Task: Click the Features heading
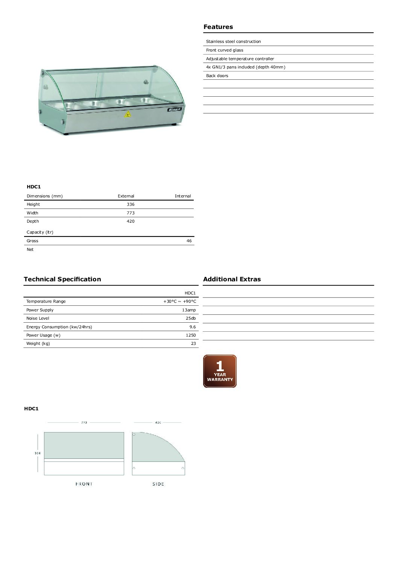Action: click(218, 27)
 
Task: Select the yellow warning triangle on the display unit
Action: click(127, 114)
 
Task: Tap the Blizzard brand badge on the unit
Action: click(174, 109)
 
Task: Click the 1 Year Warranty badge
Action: click(220, 371)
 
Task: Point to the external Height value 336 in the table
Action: click(130, 204)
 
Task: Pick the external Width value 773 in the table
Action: click(130, 213)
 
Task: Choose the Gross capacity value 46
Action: click(189, 241)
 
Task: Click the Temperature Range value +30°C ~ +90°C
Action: click(179, 301)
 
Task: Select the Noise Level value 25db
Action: click(191, 318)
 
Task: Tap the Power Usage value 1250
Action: click(191, 335)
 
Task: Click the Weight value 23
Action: click(193, 343)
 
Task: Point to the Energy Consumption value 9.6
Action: click(192, 327)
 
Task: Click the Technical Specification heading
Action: click(62, 279)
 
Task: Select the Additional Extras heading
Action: click(232, 279)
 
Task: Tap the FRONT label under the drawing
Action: click(84, 484)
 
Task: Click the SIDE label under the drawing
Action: click(158, 484)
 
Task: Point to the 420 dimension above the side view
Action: click(158, 423)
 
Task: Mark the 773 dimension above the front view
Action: click(84, 423)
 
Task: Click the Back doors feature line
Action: click(217, 76)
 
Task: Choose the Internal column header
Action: click(183, 196)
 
